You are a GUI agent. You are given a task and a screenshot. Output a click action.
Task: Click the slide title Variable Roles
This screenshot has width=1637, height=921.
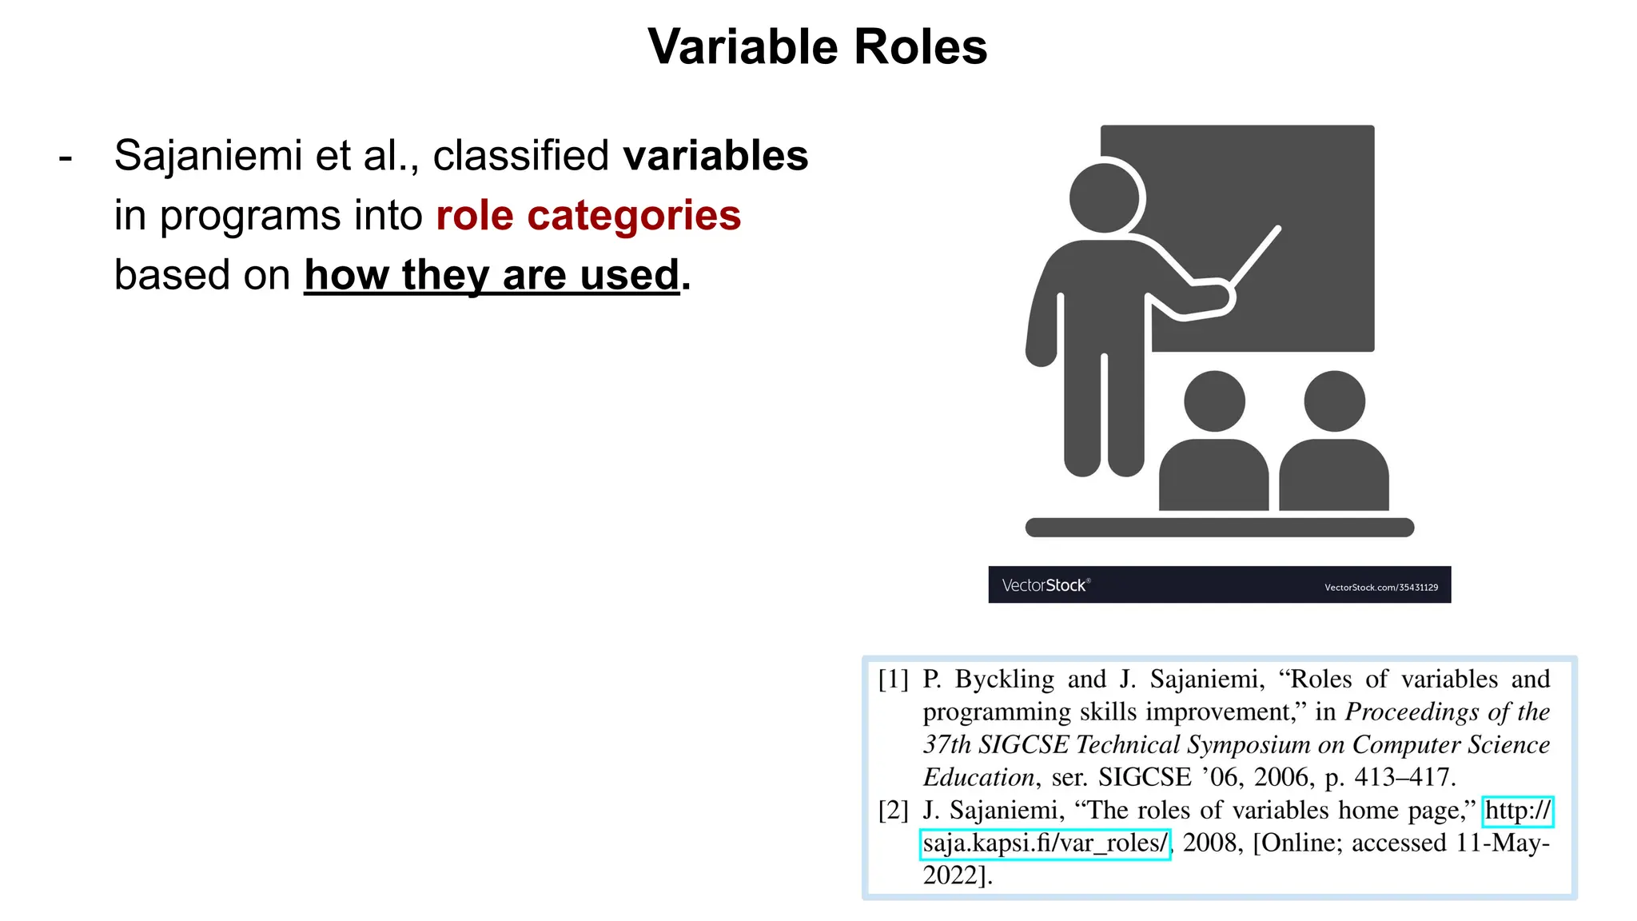(817, 47)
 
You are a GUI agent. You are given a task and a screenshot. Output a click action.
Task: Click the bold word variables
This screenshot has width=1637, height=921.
(715, 155)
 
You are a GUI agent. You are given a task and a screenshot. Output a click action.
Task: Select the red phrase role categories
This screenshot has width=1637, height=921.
(588, 215)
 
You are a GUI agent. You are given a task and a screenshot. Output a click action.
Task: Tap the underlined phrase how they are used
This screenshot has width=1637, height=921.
(492, 275)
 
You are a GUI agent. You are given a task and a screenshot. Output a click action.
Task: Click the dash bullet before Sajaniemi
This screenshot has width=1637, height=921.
(66, 157)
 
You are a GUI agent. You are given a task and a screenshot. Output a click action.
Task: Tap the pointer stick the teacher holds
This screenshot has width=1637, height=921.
(1256, 256)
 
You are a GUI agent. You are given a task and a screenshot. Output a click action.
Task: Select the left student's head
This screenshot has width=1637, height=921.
(1214, 401)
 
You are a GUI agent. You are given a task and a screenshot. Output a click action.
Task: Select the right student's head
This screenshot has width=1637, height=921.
(1334, 401)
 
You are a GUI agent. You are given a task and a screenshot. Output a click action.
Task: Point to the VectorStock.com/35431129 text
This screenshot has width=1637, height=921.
(1380, 588)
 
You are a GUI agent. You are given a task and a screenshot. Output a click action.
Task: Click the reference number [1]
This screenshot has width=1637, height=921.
(894, 680)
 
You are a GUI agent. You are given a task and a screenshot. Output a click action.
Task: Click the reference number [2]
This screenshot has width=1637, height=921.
(894, 811)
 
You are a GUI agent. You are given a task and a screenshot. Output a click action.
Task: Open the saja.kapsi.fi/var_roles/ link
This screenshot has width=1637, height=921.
(1045, 843)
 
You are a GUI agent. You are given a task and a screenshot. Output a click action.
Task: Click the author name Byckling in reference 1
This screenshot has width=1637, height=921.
(1005, 680)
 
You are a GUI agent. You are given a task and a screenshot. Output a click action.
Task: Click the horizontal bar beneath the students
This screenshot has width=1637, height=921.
(1219, 528)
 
